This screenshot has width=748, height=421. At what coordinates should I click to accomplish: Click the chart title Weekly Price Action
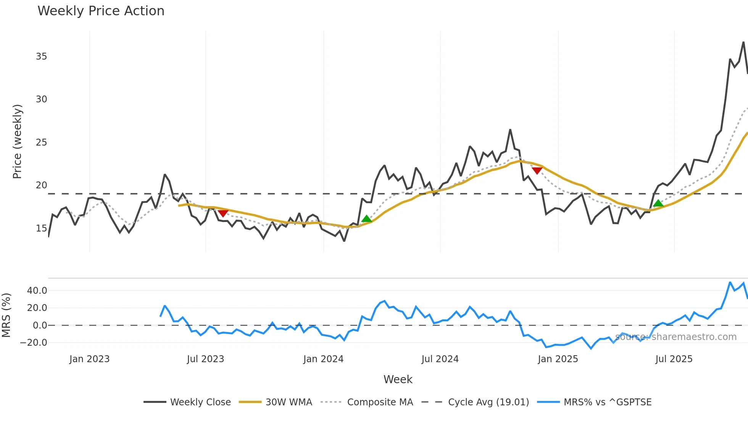(x=101, y=11)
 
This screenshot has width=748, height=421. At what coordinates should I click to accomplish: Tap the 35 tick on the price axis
(x=41, y=57)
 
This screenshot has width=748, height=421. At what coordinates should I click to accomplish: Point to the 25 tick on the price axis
(x=41, y=142)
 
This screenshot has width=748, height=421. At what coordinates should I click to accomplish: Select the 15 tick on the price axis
(x=41, y=228)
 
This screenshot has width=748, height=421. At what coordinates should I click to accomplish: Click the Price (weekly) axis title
(x=17, y=141)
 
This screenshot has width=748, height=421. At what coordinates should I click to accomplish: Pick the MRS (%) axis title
(x=6, y=315)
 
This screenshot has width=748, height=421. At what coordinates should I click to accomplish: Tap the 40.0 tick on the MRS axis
(x=37, y=291)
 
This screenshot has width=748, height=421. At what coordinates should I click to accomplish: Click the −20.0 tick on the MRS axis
(x=34, y=343)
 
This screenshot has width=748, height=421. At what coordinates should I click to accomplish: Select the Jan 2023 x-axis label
(x=89, y=359)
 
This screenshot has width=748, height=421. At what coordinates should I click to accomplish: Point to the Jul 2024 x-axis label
(x=440, y=359)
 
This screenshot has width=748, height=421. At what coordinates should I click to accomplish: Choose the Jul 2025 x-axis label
(x=674, y=359)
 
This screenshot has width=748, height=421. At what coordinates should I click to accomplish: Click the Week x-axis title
(x=398, y=379)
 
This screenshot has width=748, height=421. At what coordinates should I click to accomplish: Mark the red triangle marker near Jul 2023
(x=223, y=213)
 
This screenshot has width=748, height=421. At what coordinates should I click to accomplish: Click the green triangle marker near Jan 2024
(x=366, y=219)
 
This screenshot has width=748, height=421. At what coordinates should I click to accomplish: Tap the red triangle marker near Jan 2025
(x=537, y=170)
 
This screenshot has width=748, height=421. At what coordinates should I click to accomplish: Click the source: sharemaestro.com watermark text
(x=676, y=337)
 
